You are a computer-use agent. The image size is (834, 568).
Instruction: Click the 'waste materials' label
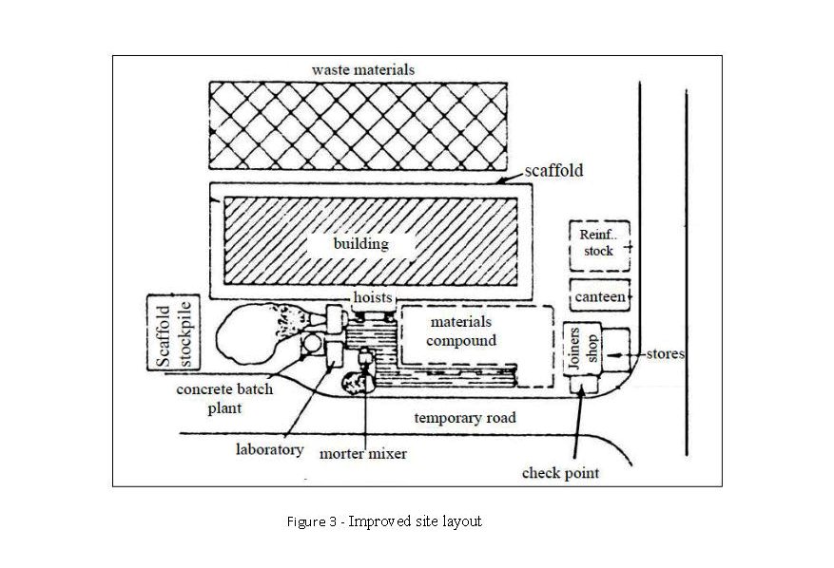(x=363, y=69)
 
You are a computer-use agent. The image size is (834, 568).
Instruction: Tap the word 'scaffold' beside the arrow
(x=553, y=171)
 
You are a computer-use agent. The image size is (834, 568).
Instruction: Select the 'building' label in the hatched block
(x=360, y=244)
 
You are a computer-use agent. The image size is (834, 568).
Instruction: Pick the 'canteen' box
(x=600, y=297)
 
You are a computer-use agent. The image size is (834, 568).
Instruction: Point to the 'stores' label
(x=666, y=354)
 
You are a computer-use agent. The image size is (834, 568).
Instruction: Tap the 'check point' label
(x=561, y=472)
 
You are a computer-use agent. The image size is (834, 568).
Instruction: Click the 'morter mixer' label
(x=363, y=454)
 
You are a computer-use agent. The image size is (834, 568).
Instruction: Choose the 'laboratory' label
(x=269, y=449)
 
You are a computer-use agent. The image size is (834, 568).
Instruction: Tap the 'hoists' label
(x=373, y=297)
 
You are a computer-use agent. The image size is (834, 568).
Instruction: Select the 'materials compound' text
(x=462, y=331)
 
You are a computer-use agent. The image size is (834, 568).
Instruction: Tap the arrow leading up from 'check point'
(x=576, y=427)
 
